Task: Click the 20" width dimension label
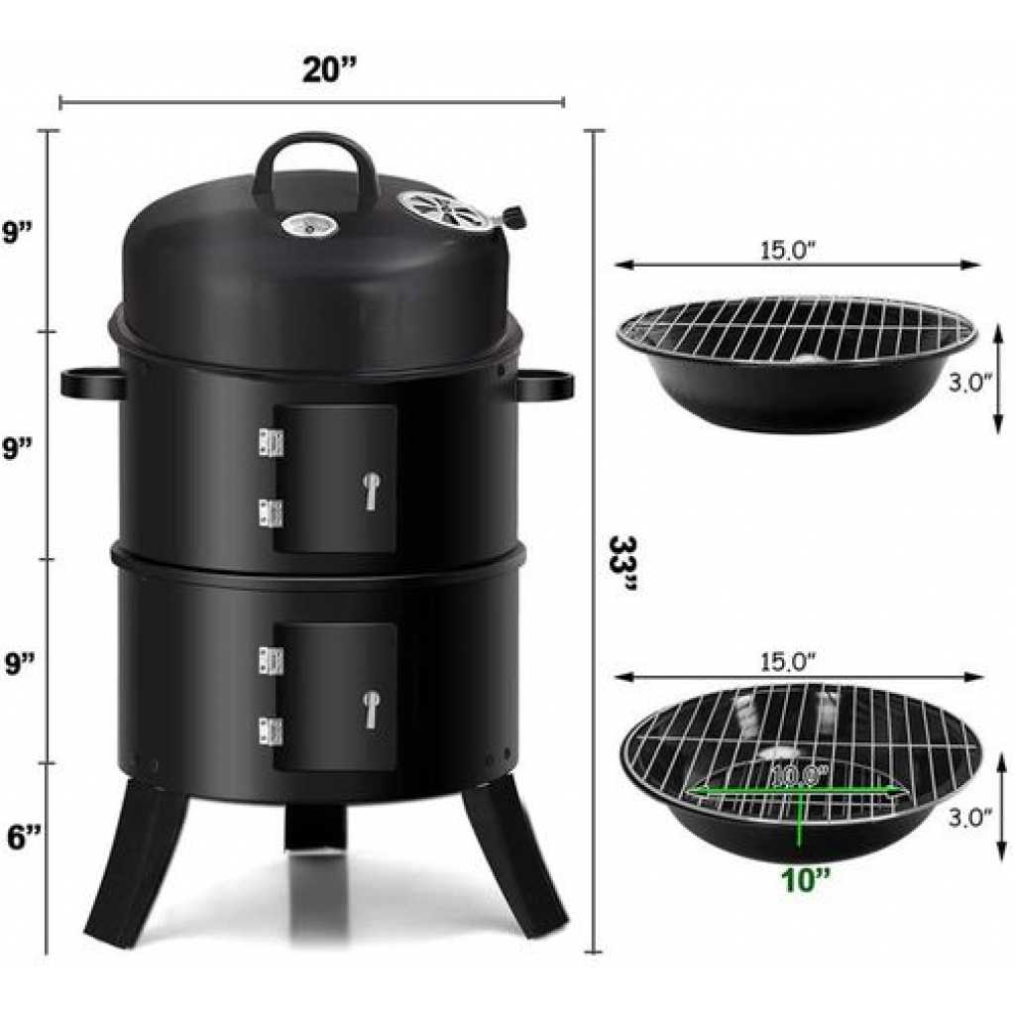[x=329, y=69]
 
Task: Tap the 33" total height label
[x=623, y=564]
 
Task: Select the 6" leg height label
[x=25, y=837]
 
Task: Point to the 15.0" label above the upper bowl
[x=788, y=251]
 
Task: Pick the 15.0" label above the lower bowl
[x=788, y=661]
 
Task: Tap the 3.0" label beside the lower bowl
[x=970, y=818]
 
